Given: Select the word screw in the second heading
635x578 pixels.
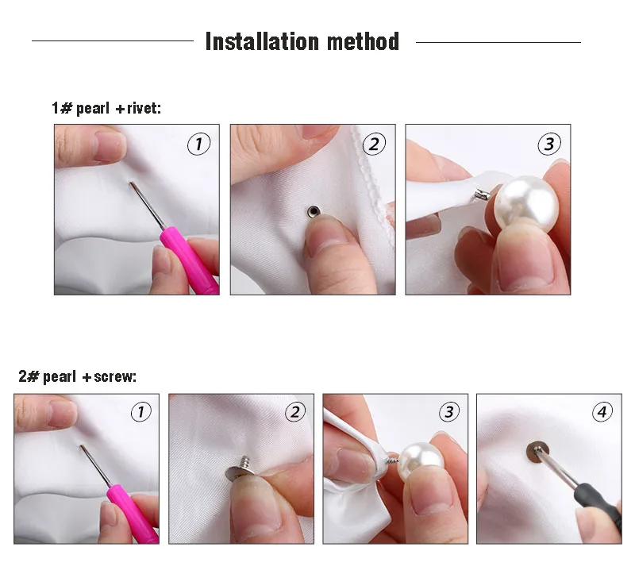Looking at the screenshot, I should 114,376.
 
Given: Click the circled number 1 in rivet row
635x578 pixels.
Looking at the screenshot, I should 198,144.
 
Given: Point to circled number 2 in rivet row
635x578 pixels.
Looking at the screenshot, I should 374,144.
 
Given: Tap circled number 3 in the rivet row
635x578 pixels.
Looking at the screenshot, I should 549,144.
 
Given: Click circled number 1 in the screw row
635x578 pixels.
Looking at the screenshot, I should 140,411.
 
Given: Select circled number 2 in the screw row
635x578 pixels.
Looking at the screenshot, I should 294,411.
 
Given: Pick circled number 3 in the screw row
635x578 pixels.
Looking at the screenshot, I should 449,411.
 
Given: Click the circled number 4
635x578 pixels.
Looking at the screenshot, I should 602,411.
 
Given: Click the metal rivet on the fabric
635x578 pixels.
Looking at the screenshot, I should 314,211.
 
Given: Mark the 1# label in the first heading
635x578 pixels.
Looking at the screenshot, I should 62,108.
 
